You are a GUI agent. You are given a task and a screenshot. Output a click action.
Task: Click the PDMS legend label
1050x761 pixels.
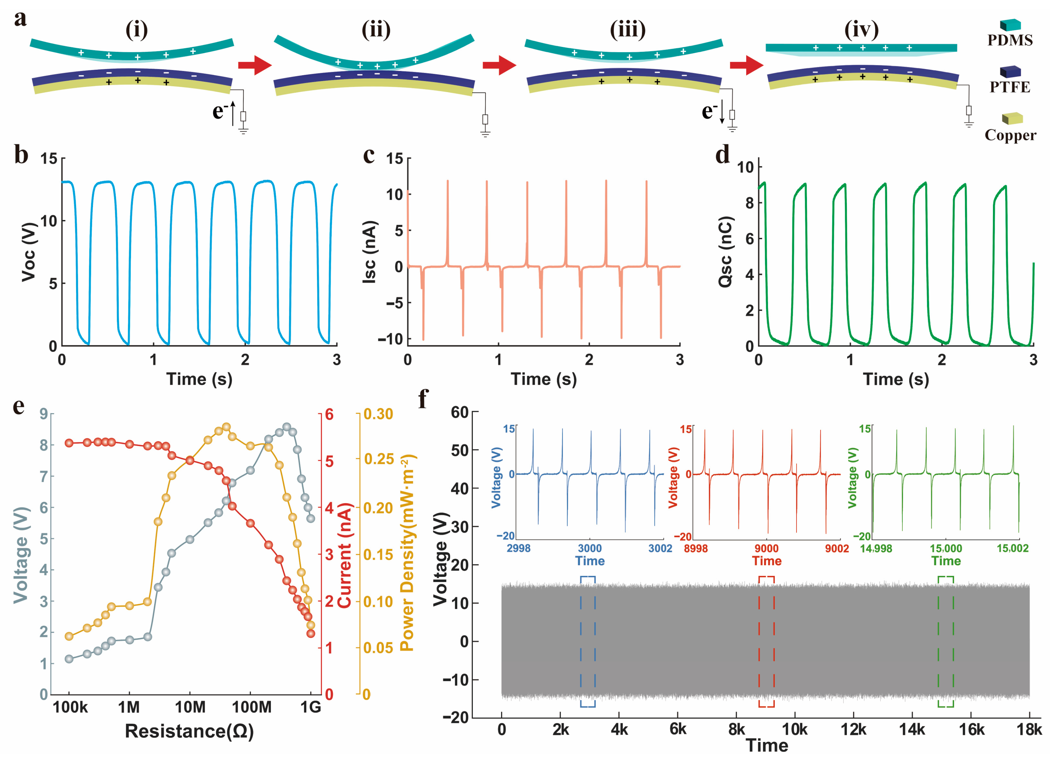(x=1010, y=40)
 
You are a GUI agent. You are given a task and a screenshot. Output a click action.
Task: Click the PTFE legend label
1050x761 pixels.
(x=1010, y=87)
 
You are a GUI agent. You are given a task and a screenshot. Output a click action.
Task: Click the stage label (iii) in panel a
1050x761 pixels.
(x=627, y=30)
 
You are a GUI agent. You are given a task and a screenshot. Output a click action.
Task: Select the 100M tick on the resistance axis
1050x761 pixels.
(x=251, y=707)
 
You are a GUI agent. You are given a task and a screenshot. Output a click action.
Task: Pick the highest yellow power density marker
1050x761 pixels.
(x=226, y=427)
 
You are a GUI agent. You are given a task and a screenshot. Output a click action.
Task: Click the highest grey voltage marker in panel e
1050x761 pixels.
(x=287, y=427)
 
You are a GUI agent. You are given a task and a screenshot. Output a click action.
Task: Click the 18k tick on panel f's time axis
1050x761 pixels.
(x=1029, y=730)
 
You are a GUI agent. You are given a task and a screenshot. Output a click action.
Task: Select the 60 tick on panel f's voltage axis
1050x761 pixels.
(x=460, y=412)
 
